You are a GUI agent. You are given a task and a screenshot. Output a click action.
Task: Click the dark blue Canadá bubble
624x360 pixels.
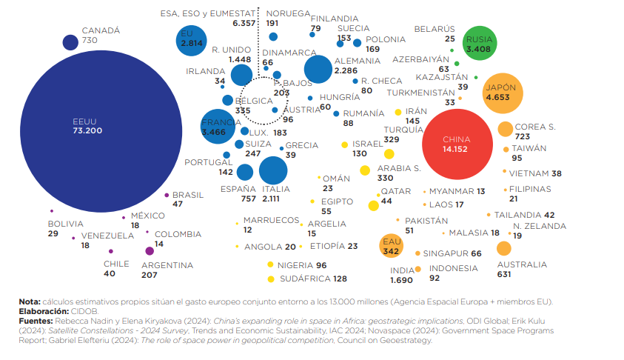pyautogui.click(x=71, y=42)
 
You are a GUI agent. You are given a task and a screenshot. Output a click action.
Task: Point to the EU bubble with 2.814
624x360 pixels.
pyautogui.click(x=192, y=39)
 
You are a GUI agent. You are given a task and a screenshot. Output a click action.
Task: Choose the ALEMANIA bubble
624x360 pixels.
pyautogui.click(x=319, y=69)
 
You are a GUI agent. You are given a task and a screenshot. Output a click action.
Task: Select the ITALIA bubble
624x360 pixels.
pyautogui.click(x=273, y=170)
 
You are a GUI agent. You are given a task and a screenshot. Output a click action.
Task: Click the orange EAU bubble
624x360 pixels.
pyautogui.click(x=391, y=246)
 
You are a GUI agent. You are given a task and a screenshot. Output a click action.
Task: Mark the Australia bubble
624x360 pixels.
pyautogui.click(x=504, y=248)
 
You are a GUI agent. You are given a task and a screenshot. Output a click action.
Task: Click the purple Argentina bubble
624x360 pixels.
pyautogui.click(x=150, y=250)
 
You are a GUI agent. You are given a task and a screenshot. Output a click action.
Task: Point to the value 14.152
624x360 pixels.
pyautogui.click(x=457, y=149)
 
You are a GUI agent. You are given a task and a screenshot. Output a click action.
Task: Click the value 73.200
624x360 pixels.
pyautogui.click(x=87, y=131)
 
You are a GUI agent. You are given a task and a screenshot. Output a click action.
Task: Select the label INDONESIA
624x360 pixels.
pyautogui.click(x=454, y=268)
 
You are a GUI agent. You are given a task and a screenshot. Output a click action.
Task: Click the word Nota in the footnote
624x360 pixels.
pyautogui.click(x=30, y=302)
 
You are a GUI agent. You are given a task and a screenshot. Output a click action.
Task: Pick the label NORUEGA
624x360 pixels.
pyautogui.click(x=288, y=14)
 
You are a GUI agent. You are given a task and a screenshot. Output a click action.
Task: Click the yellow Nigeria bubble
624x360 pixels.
pyautogui.click(x=271, y=264)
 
